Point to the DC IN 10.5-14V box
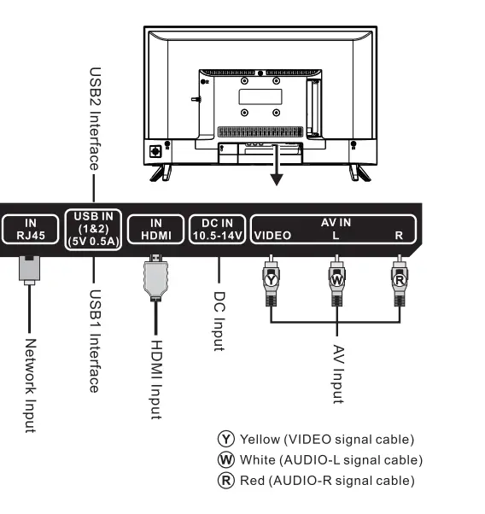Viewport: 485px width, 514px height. [217, 229]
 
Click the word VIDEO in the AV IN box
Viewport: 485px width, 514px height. [273, 236]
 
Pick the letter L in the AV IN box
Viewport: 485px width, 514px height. [336, 236]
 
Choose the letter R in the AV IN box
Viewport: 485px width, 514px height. [398, 236]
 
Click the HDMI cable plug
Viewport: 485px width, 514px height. [155, 277]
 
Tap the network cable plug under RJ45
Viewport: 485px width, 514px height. [29, 268]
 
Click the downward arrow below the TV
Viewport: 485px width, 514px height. [276, 166]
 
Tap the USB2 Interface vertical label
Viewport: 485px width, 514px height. [96, 120]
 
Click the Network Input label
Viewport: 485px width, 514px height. [30, 385]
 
